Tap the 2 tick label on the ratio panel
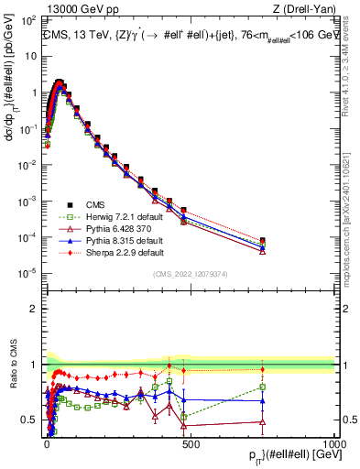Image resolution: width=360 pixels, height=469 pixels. (x=34, y=309)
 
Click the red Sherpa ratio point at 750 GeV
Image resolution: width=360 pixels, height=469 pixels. (x=263, y=369)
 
